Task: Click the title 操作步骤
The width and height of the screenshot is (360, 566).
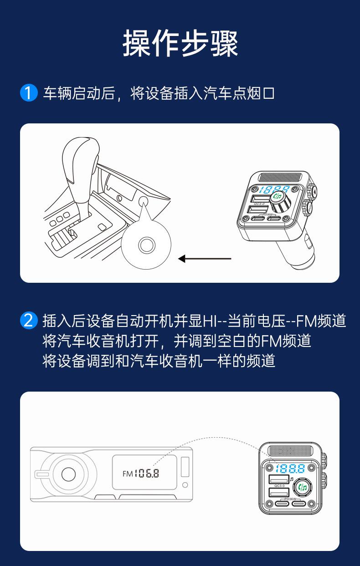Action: (180, 44)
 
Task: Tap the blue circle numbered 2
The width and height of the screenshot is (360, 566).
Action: (28, 321)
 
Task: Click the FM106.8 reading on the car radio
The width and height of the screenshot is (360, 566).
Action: (141, 473)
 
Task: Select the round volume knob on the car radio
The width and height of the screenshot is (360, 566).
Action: (68, 474)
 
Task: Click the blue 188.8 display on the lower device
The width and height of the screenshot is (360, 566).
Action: (290, 468)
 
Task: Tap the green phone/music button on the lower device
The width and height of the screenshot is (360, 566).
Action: (301, 488)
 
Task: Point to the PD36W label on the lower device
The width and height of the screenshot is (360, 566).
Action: (290, 499)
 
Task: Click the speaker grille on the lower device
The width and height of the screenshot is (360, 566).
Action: (290, 452)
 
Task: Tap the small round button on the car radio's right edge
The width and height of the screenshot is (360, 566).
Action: (184, 484)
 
